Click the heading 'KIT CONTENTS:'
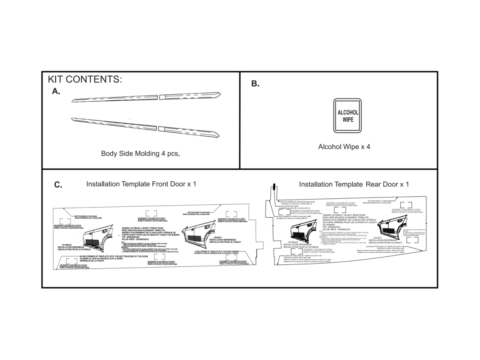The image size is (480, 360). (x=85, y=79)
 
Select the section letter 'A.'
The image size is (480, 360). (x=56, y=91)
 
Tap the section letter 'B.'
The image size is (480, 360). (x=255, y=84)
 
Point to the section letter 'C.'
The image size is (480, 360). (x=58, y=185)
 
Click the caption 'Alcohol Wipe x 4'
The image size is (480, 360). (x=344, y=147)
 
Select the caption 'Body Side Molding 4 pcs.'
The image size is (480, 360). (x=140, y=154)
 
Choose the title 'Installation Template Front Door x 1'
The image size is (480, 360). (x=141, y=184)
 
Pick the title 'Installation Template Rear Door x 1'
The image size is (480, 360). (x=354, y=184)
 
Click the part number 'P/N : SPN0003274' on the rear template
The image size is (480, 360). (x=335, y=226)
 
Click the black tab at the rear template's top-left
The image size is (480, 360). (x=275, y=186)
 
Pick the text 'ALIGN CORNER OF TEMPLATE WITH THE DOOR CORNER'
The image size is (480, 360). (x=216, y=251)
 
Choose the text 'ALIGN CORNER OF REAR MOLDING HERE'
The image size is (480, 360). (x=298, y=202)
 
